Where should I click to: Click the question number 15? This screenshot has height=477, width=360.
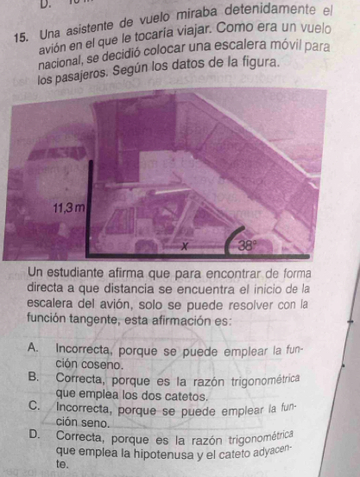[23, 38]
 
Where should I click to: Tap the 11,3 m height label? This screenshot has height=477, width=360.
[69, 208]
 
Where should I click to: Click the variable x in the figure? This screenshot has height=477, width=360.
[183, 245]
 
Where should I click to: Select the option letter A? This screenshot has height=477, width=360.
[33, 347]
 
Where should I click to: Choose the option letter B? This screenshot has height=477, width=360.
[34, 377]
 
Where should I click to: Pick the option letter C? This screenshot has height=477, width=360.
[34, 406]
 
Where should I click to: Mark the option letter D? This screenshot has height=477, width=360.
[35, 436]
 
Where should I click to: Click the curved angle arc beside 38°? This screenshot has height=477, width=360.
[232, 238]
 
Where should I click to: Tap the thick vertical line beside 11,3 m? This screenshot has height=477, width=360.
[89, 207]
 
